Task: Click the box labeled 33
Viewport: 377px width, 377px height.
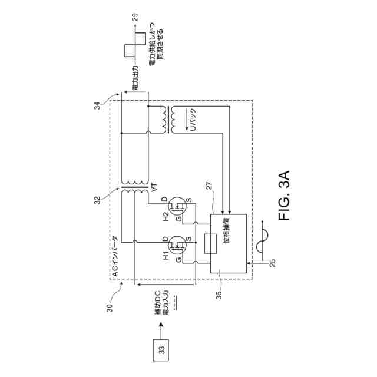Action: pyautogui.click(x=160, y=350)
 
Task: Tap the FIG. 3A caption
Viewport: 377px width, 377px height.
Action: pyautogui.click(x=285, y=195)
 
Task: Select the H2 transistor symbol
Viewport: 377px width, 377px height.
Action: pyautogui.click(x=176, y=206)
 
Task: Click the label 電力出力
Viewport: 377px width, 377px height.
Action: pyautogui.click(x=135, y=80)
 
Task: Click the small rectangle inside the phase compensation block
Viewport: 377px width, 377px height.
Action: pyautogui.click(x=208, y=243)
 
